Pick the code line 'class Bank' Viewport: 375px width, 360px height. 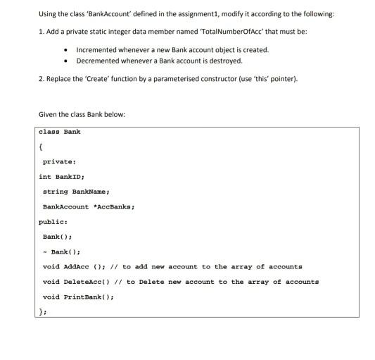[59, 132]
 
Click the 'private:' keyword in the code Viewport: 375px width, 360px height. [60, 162]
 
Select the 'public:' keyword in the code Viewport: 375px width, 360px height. [53, 221]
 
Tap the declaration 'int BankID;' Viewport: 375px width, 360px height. [62, 177]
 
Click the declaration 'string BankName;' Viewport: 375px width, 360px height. [76, 192]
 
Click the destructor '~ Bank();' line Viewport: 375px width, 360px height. [61, 252]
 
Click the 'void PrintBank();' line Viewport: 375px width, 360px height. [78, 297]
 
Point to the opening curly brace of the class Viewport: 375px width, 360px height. [42, 147]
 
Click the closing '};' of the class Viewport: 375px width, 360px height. [43, 311]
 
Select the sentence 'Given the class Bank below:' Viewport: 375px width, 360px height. [82, 114]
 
